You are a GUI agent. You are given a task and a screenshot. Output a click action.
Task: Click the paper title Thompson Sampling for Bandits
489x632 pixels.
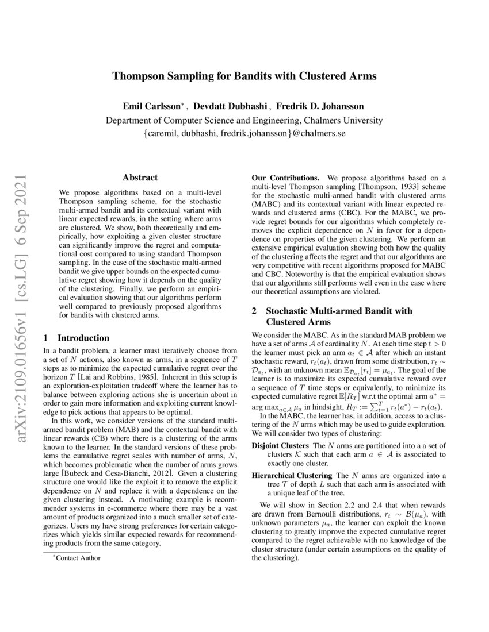244,76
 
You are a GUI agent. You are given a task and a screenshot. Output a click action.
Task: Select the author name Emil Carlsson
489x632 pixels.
152,107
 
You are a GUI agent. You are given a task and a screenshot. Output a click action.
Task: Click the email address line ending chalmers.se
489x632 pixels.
244,134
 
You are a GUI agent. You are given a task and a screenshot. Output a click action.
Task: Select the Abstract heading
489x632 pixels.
140,178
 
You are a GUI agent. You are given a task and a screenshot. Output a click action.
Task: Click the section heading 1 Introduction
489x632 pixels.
77,338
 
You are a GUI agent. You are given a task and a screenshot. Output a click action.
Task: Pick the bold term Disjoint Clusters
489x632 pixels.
281,446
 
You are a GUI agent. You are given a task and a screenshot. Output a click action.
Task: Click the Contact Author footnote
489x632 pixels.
75,558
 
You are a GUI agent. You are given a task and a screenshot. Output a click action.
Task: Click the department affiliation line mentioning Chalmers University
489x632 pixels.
244,121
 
